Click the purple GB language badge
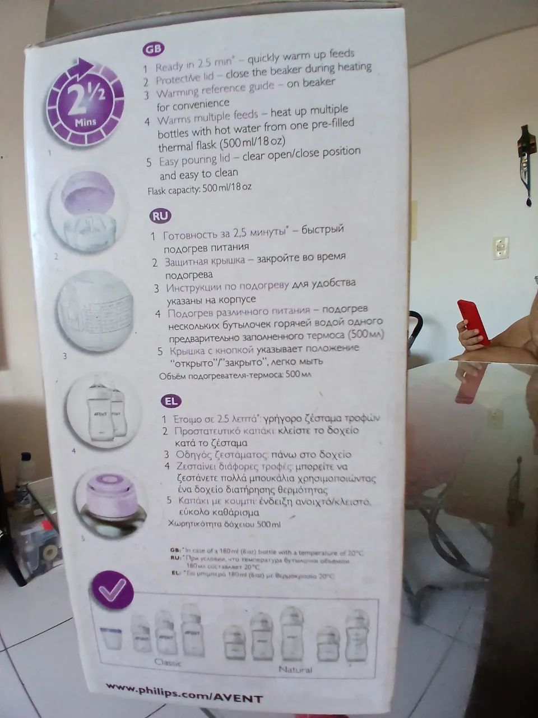(x=153, y=49)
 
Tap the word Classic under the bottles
(x=168, y=663)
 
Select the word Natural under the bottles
(x=295, y=669)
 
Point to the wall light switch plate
(x=500, y=247)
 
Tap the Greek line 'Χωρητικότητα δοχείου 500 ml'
(x=224, y=525)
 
